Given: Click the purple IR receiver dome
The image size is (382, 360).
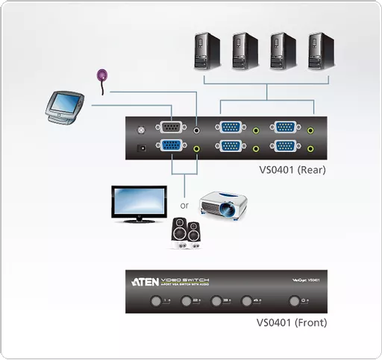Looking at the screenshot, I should (102, 75).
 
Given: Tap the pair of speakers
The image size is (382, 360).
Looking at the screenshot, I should (184, 233).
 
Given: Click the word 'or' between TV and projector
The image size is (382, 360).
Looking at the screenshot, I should (184, 205).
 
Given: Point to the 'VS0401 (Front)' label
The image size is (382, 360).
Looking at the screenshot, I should (291, 323).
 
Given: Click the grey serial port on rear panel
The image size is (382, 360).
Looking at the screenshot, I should (170, 128).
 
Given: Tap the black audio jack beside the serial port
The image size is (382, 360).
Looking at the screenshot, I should (196, 129).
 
